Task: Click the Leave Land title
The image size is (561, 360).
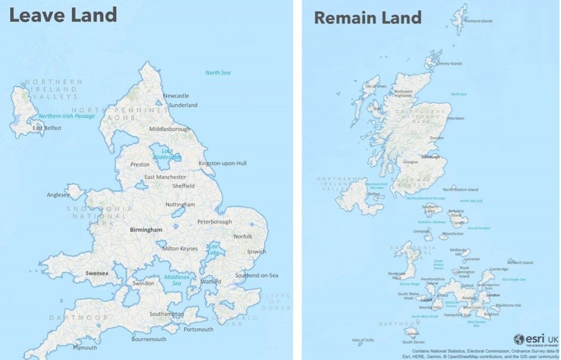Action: tap(63, 15)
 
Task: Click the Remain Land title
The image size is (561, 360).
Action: tap(368, 17)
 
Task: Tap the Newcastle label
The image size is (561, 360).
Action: tap(176, 96)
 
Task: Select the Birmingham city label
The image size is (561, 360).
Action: tap(146, 230)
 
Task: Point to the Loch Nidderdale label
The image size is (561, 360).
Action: tap(168, 155)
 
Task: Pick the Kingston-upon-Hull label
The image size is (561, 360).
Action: tap(222, 164)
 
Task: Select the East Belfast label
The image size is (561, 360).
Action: tap(47, 128)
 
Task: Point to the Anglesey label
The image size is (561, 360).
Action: tap(58, 195)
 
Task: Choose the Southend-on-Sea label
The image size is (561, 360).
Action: tap(257, 275)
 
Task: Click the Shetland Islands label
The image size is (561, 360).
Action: tap(479, 21)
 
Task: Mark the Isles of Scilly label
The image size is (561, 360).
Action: tap(363, 340)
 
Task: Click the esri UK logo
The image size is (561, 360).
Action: tap(535, 340)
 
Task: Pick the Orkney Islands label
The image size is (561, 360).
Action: tap(449, 64)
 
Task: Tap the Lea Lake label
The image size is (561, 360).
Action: tap(213, 250)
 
